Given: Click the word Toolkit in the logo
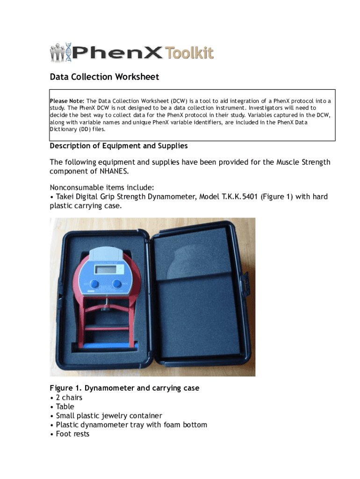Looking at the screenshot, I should pos(189,52).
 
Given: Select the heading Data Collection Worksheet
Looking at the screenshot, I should pos(104,77).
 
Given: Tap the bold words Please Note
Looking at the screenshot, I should pos(67,101).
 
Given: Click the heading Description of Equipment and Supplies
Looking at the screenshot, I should pos(119,146).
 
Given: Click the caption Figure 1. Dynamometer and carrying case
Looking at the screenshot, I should pos(124,388).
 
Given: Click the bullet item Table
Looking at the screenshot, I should pos(65,406).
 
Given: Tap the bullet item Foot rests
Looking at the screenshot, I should pos(72,434).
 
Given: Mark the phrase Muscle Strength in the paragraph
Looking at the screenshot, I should pos(303,162).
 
